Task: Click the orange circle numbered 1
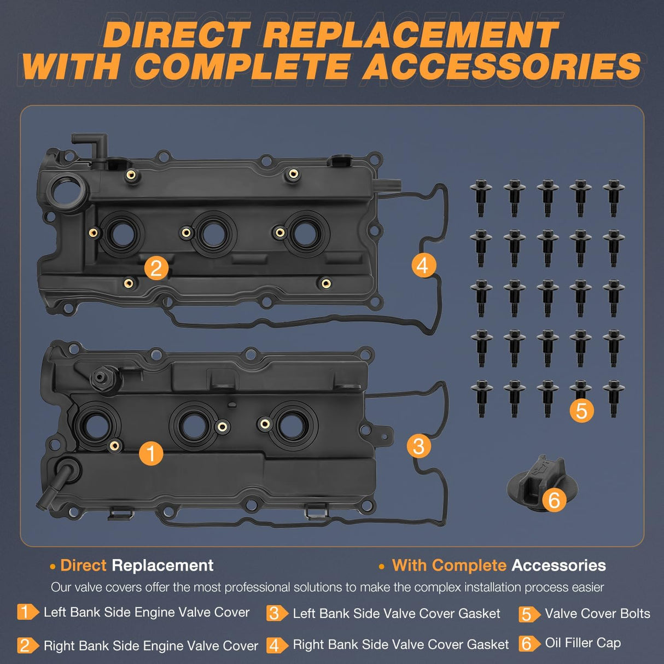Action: click(x=151, y=453)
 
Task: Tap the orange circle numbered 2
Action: click(x=156, y=268)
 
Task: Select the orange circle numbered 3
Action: click(x=418, y=446)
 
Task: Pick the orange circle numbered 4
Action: click(x=423, y=265)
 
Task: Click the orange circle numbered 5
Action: click(x=581, y=410)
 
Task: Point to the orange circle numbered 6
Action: click(x=554, y=499)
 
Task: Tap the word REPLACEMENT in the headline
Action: click(x=410, y=35)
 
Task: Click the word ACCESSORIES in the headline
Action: click(x=502, y=67)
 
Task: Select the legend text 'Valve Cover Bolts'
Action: click(x=597, y=614)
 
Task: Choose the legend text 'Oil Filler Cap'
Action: click(x=583, y=643)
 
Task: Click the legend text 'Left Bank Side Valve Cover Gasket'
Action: click(x=396, y=614)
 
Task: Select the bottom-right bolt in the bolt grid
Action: click(x=614, y=398)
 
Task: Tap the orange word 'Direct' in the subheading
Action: click(x=83, y=565)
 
